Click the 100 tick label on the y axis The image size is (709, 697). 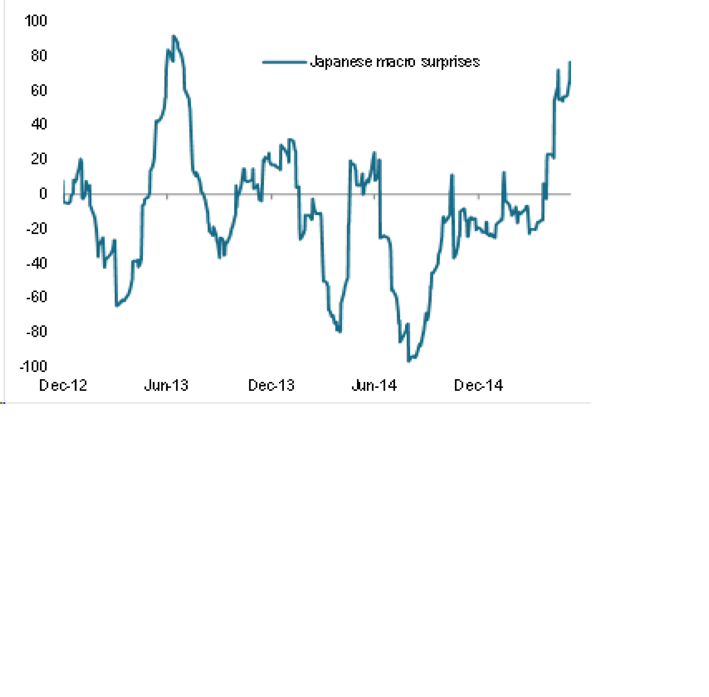(x=36, y=21)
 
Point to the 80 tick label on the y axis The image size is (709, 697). (x=39, y=56)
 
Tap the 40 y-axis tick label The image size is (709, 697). (x=39, y=124)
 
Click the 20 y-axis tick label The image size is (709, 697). (x=39, y=159)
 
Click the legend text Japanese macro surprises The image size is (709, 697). (x=395, y=62)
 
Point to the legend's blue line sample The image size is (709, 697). (x=284, y=62)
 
